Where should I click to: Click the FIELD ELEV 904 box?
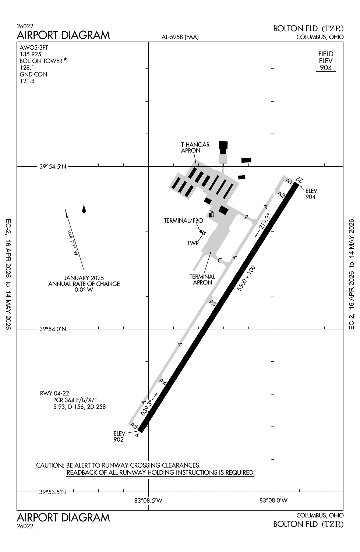tap(326, 61)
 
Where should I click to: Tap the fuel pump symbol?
tap(211, 214)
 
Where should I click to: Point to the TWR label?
tap(193, 243)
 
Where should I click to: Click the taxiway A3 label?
tap(212, 303)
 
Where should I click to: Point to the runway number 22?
tap(299, 179)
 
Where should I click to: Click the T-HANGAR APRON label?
tap(195, 148)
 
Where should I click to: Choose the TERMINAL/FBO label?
tap(183, 221)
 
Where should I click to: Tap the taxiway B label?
tap(246, 217)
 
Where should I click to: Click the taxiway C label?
tap(220, 261)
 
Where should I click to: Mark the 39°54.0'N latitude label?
tap(53, 329)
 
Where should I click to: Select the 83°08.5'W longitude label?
tap(148, 500)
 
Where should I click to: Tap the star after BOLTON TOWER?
tap(66, 59)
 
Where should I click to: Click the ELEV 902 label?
tap(119, 436)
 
